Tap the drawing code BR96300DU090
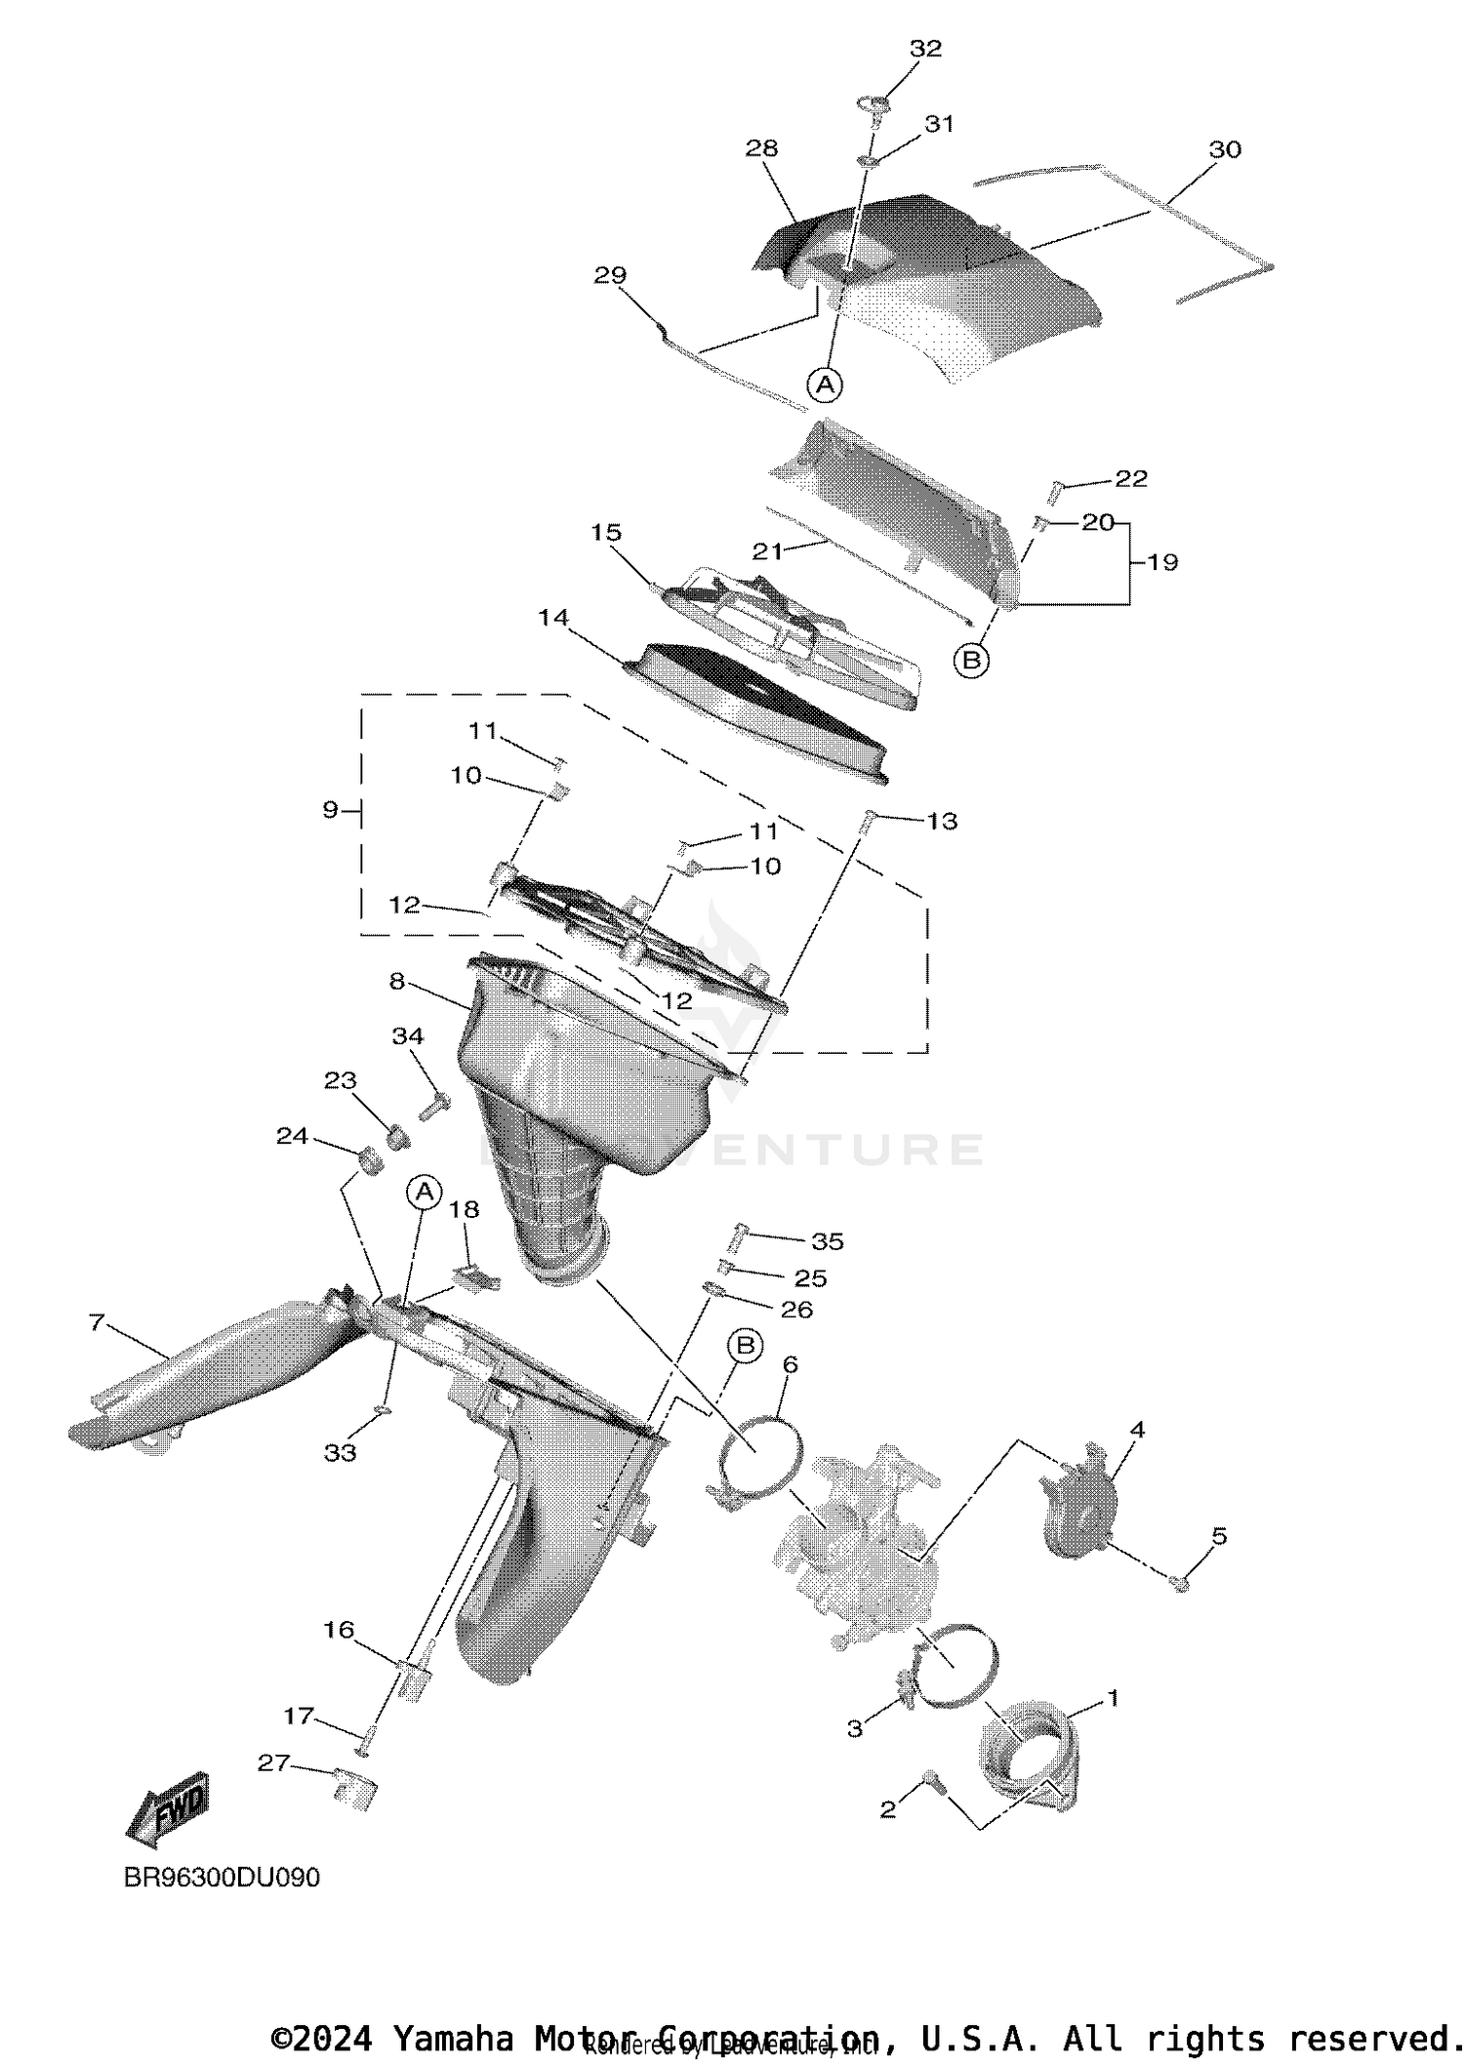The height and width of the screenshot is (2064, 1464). pyautogui.click(x=222, y=1877)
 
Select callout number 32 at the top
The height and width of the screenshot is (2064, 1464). pyautogui.click(x=925, y=49)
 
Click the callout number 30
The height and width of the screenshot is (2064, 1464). pyautogui.click(x=1225, y=149)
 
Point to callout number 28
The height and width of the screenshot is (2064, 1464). pyautogui.click(x=761, y=148)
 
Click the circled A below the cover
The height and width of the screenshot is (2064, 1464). pyautogui.click(x=826, y=384)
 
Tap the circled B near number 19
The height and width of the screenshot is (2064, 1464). pyautogui.click(x=971, y=661)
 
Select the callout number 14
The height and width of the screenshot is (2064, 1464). pyautogui.click(x=553, y=618)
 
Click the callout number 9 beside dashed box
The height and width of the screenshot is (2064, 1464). pyautogui.click(x=330, y=809)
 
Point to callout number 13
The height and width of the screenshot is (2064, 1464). pyautogui.click(x=942, y=822)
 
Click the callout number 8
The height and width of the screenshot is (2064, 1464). pyautogui.click(x=397, y=981)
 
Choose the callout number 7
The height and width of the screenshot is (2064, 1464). pyautogui.click(x=96, y=1322)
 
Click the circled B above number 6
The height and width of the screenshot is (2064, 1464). pyautogui.click(x=745, y=1347)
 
